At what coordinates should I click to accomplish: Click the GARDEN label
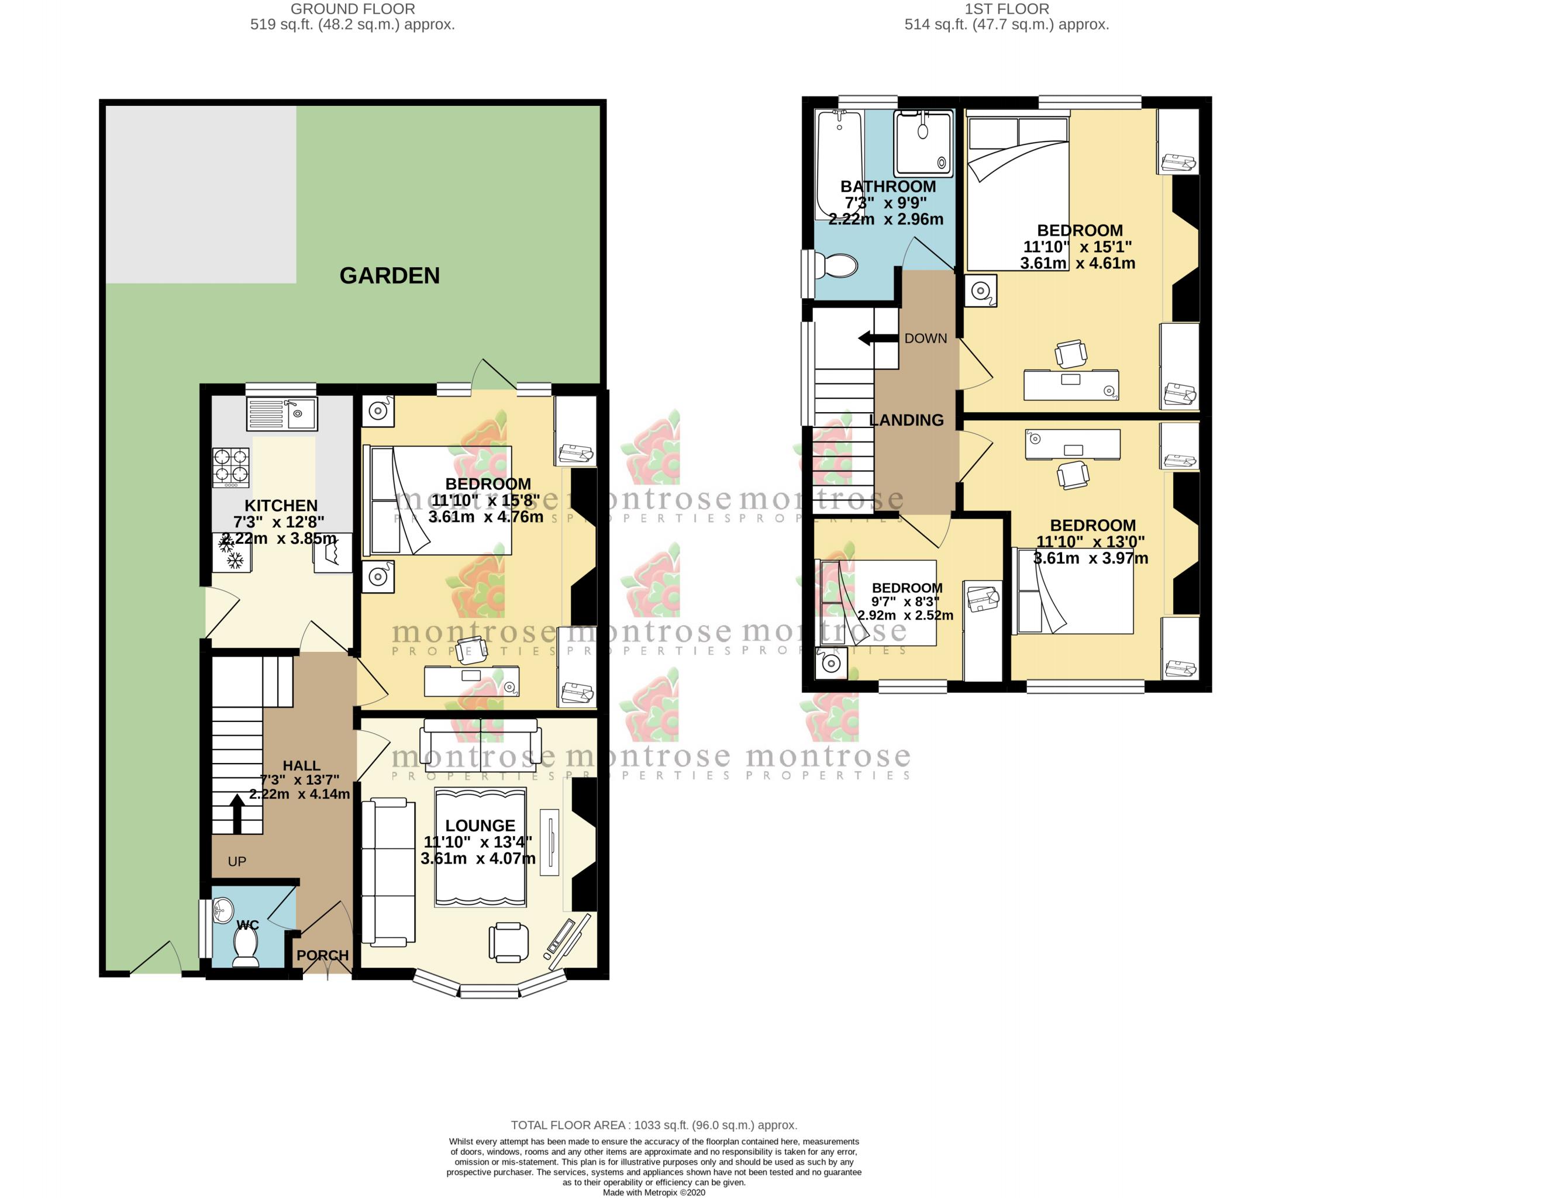[389, 275]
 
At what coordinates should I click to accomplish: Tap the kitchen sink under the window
[282, 414]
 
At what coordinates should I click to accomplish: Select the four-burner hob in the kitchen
[232, 467]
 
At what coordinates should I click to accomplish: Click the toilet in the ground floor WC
[246, 947]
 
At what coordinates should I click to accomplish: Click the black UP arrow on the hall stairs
[237, 813]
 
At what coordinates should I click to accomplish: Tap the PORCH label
[322, 955]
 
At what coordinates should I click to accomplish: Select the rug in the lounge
[480, 847]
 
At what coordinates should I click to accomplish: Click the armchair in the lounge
[508, 942]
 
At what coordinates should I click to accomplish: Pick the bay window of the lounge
[490, 989]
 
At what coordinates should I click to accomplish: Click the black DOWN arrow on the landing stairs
[878, 338]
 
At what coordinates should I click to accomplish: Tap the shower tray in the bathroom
[923, 143]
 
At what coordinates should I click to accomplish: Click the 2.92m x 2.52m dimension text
[905, 615]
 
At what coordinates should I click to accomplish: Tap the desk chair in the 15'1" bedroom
[1070, 353]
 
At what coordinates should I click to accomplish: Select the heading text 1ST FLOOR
[1007, 9]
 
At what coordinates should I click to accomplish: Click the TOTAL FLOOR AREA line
[653, 1125]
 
